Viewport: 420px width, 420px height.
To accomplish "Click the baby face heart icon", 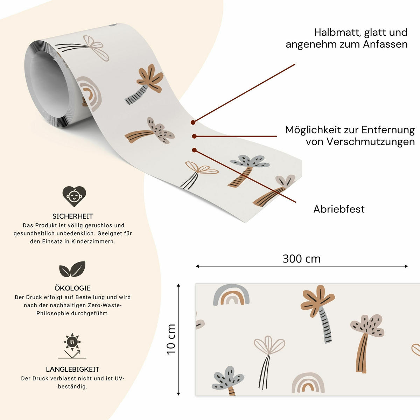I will pyautogui.click(x=74, y=196).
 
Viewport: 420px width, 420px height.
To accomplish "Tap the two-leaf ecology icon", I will pyautogui.click(x=72, y=269).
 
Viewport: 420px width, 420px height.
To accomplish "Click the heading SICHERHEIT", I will pyautogui.click(x=72, y=216).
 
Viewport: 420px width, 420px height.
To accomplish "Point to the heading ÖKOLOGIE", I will pyautogui.click(x=72, y=288).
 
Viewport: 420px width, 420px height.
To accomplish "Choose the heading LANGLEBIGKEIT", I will pyautogui.click(x=72, y=369).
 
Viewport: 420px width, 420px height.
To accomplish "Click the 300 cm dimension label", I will pyautogui.click(x=301, y=259).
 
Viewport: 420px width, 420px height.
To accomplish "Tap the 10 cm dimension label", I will pyautogui.click(x=171, y=339).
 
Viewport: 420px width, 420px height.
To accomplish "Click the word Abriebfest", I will pyautogui.click(x=339, y=209).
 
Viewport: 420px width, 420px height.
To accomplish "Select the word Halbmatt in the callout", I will pyautogui.click(x=337, y=32).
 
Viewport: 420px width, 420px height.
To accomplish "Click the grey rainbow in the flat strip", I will pyautogui.click(x=231, y=295).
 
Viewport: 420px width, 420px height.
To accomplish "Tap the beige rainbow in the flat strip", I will pyautogui.click(x=308, y=383).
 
